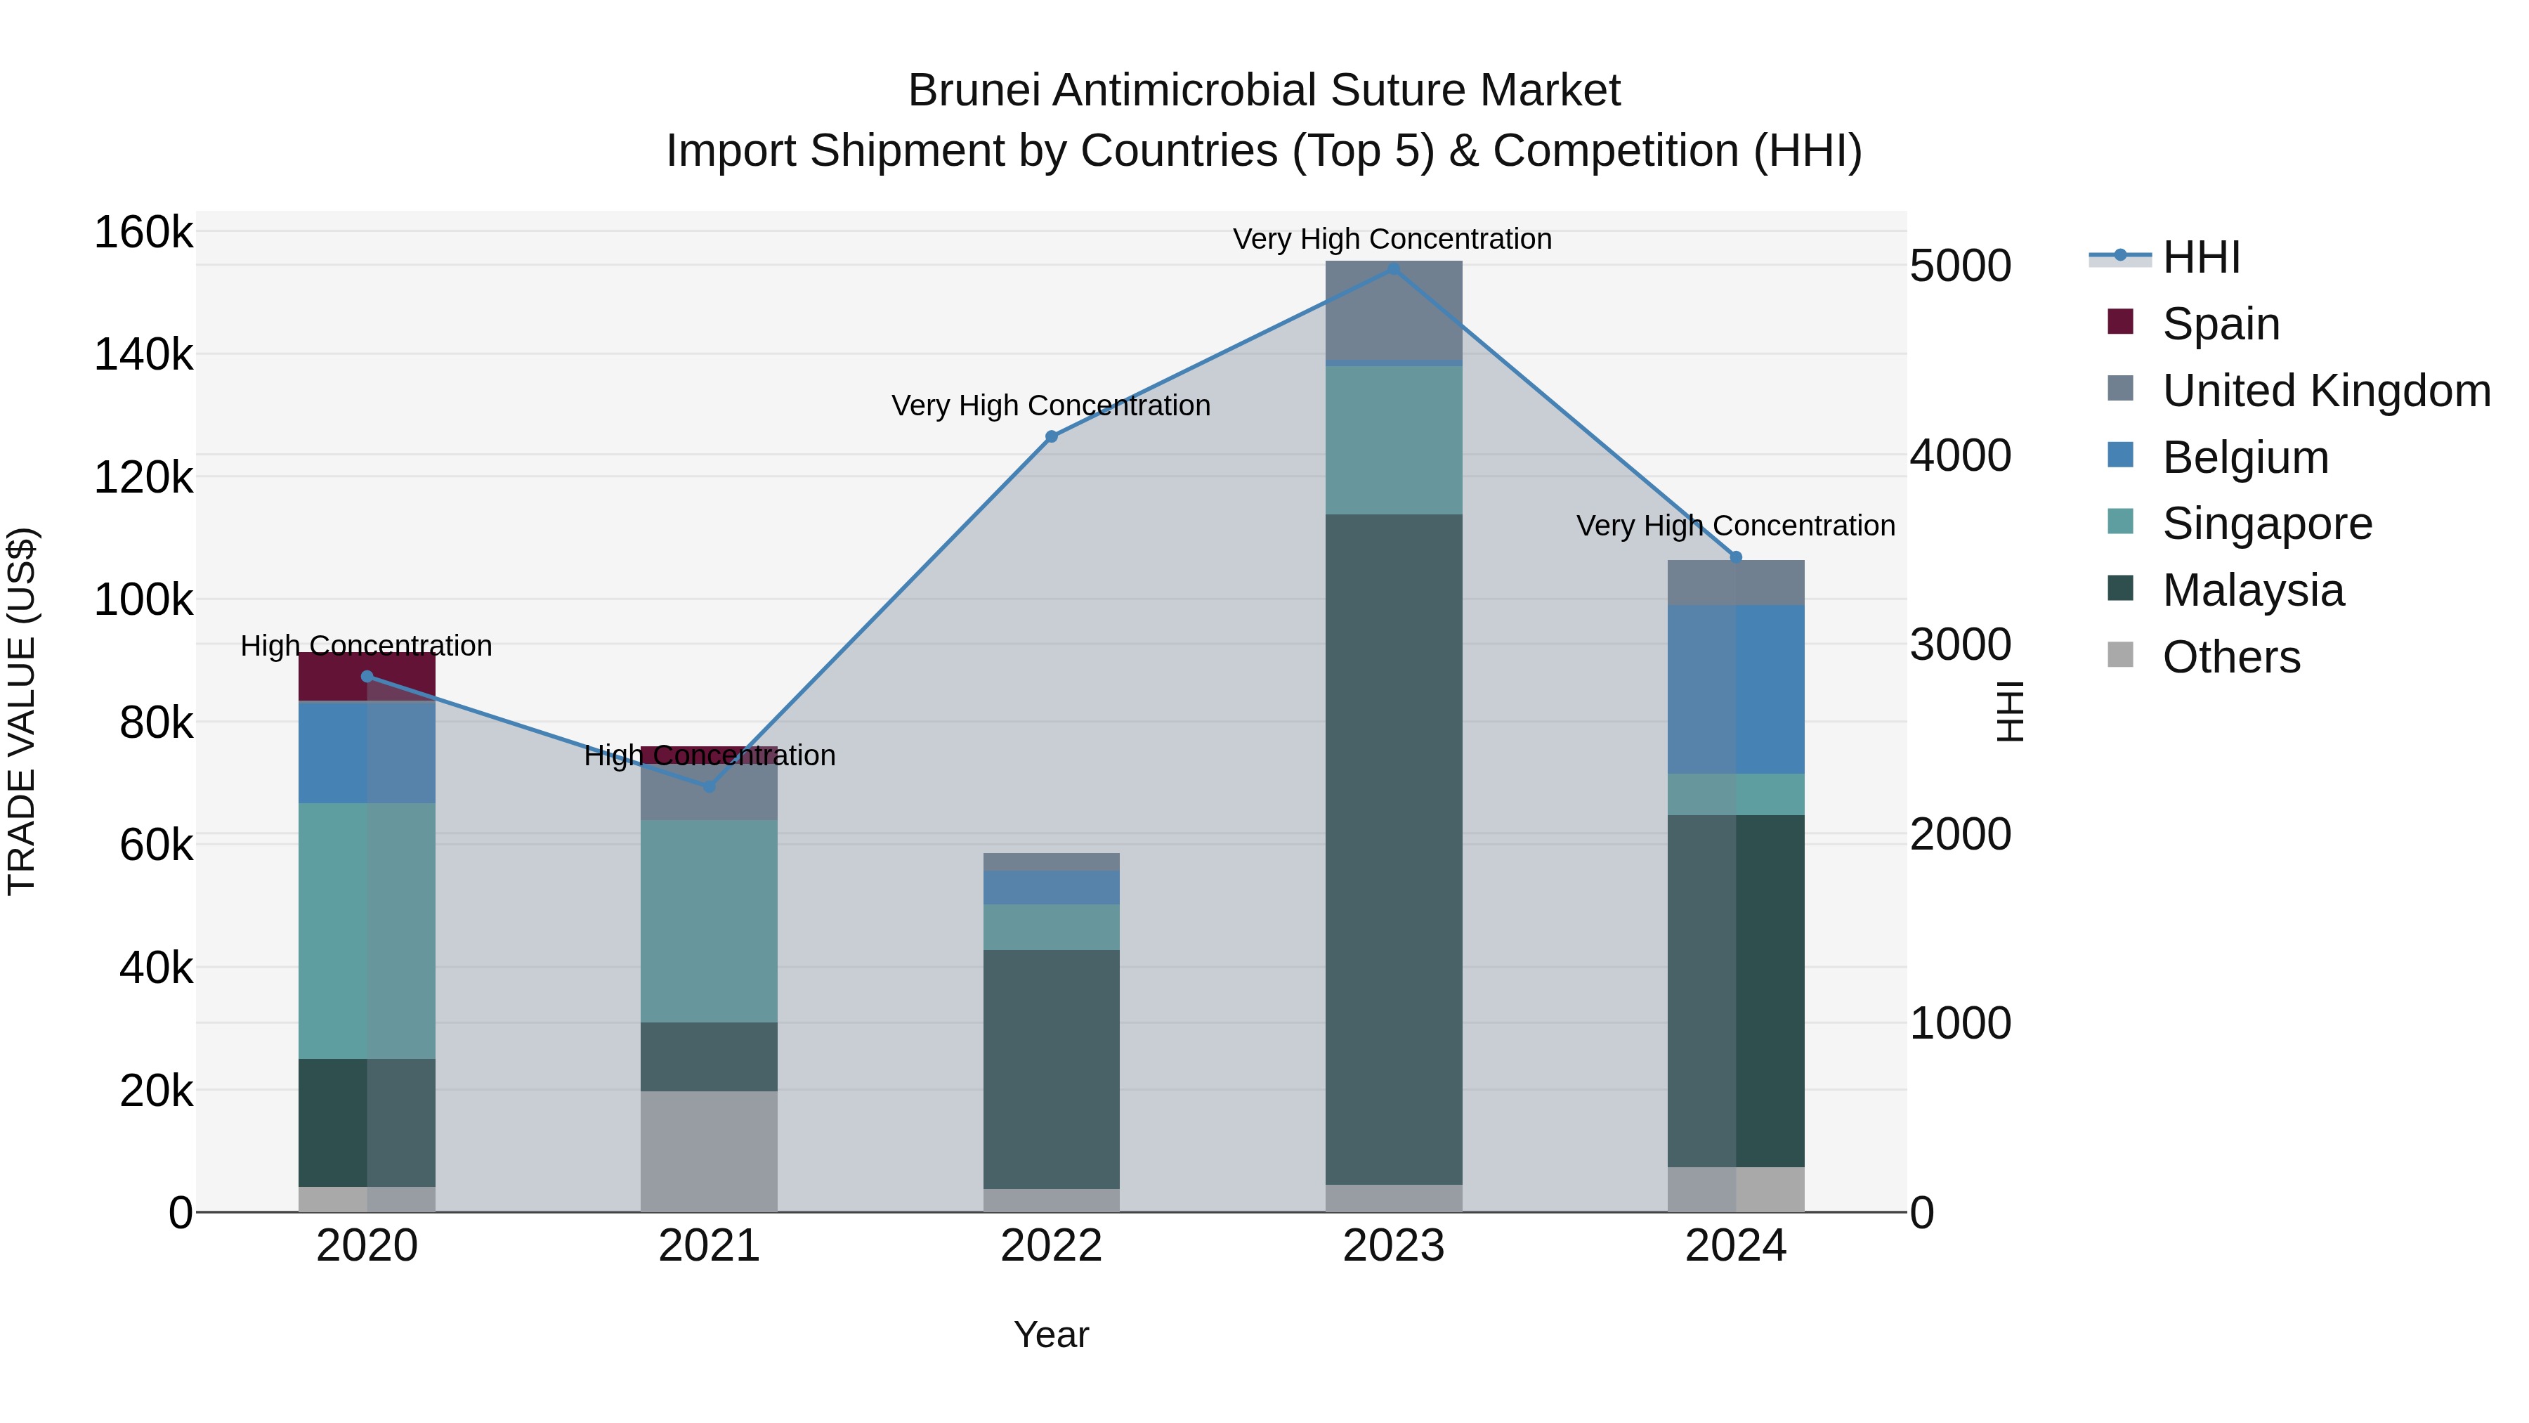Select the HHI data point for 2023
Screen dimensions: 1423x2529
(1393, 268)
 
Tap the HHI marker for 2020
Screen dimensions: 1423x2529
(367, 675)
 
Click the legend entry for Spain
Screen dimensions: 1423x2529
(2220, 323)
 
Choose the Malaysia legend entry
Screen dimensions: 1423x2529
(2252, 590)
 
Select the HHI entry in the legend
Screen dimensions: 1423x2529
(2200, 257)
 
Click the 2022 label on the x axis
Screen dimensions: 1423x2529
(1052, 1246)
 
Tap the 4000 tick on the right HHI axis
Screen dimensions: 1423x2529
(1959, 455)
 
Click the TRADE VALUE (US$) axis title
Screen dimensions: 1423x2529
(22, 711)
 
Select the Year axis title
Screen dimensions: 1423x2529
(1052, 1334)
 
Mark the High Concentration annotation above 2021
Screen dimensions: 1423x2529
(709, 755)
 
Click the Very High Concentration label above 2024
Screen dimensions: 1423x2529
(1736, 526)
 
